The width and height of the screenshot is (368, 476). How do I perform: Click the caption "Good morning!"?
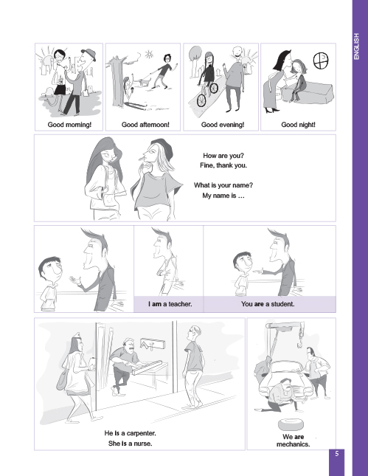pyautogui.click(x=69, y=125)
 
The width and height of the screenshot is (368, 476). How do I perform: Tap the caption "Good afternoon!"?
pyautogui.click(x=145, y=125)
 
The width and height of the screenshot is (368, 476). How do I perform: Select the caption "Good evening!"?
pyautogui.click(x=223, y=125)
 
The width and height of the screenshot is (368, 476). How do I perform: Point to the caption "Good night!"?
pyautogui.click(x=298, y=125)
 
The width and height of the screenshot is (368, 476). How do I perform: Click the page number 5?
pyautogui.click(x=337, y=454)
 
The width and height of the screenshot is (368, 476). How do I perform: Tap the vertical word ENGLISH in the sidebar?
pyautogui.click(x=356, y=46)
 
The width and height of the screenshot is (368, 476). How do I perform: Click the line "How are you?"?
pyautogui.click(x=223, y=156)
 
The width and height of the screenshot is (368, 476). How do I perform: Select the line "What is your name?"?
pyautogui.click(x=223, y=185)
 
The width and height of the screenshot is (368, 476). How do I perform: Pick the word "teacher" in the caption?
pyautogui.click(x=180, y=304)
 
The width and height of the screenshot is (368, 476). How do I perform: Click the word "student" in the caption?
pyautogui.click(x=282, y=304)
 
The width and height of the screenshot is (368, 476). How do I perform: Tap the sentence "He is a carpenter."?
pyautogui.click(x=130, y=433)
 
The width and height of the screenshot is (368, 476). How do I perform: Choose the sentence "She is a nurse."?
pyautogui.click(x=130, y=444)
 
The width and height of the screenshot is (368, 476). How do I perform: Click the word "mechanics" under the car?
pyautogui.click(x=293, y=444)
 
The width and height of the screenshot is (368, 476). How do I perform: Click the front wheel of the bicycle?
pyautogui.click(x=201, y=100)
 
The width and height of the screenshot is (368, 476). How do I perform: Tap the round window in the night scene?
pyautogui.click(x=321, y=61)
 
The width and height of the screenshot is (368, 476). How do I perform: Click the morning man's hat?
pyautogui.click(x=88, y=54)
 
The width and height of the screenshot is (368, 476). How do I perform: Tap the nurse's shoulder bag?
pyautogui.click(x=62, y=381)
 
